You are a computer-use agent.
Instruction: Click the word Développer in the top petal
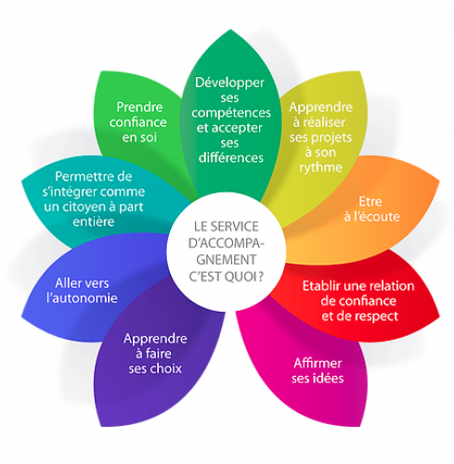[229, 84]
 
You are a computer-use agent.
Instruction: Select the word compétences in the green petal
[231, 113]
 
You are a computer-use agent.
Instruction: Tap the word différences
[231, 158]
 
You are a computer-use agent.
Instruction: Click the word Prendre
[139, 108]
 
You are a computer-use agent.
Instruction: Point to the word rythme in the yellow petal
[320, 168]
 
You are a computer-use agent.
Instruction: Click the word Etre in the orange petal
[370, 201]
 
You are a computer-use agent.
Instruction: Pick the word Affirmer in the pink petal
[318, 363]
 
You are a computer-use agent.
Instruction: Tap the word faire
[159, 354]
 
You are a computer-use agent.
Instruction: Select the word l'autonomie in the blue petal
[82, 298]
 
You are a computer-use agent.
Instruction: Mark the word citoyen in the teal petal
[86, 207]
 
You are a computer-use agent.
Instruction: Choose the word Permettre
[81, 176]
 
